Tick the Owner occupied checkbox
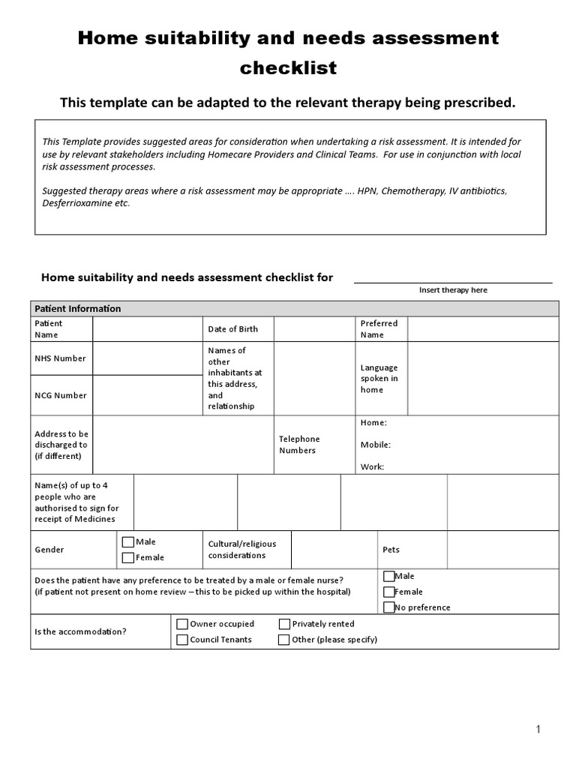[182, 624]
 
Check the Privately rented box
[285, 624]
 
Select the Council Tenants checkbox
[182, 640]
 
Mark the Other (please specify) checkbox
[284, 640]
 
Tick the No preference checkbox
[388, 607]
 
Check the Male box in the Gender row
[128, 542]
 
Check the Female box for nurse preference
[388, 592]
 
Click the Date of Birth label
[232, 328]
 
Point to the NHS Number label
[60, 358]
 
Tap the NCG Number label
[60, 395]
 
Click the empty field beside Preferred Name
[482, 328]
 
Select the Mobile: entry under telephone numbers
[375, 444]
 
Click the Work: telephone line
[372, 466]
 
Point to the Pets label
[391, 550]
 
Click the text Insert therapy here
[453, 290]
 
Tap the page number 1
[538, 729]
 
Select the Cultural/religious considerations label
[236, 549]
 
